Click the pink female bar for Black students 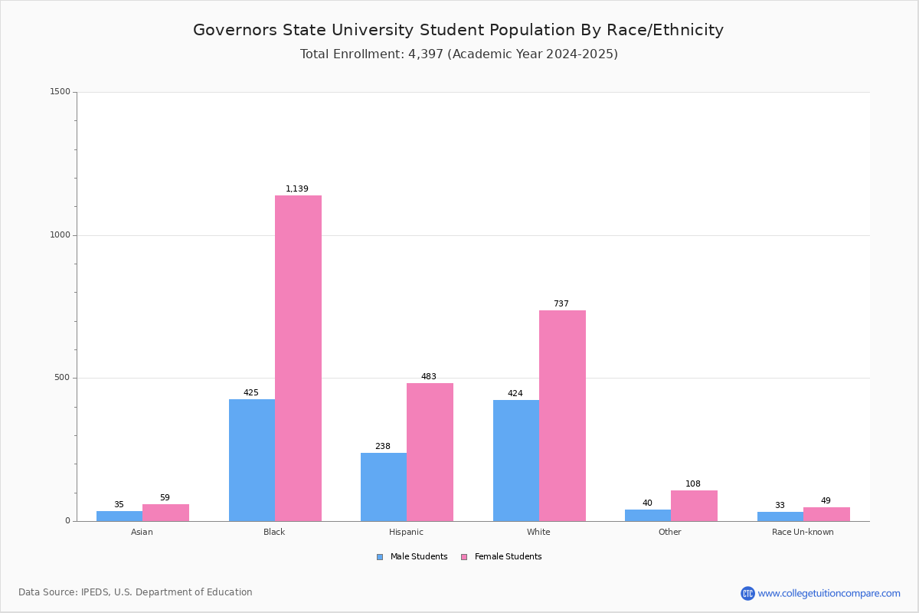click(298, 358)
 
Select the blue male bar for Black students click(252, 461)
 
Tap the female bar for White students click(562, 415)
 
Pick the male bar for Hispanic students click(384, 487)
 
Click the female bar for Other click(694, 506)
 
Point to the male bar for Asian click(119, 516)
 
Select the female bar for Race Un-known click(826, 514)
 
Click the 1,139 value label click(297, 188)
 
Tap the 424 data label click(515, 393)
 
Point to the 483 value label click(429, 376)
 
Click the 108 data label click(693, 484)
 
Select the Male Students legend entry click(412, 556)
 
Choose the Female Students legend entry click(502, 556)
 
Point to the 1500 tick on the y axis click(61, 91)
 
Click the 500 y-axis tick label click(62, 377)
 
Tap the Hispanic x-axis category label click(406, 532)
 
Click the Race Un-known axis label click(803, 532)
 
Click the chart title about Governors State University click(458, 30)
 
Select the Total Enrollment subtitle click(459, 54)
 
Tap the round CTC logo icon click(747, 593)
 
